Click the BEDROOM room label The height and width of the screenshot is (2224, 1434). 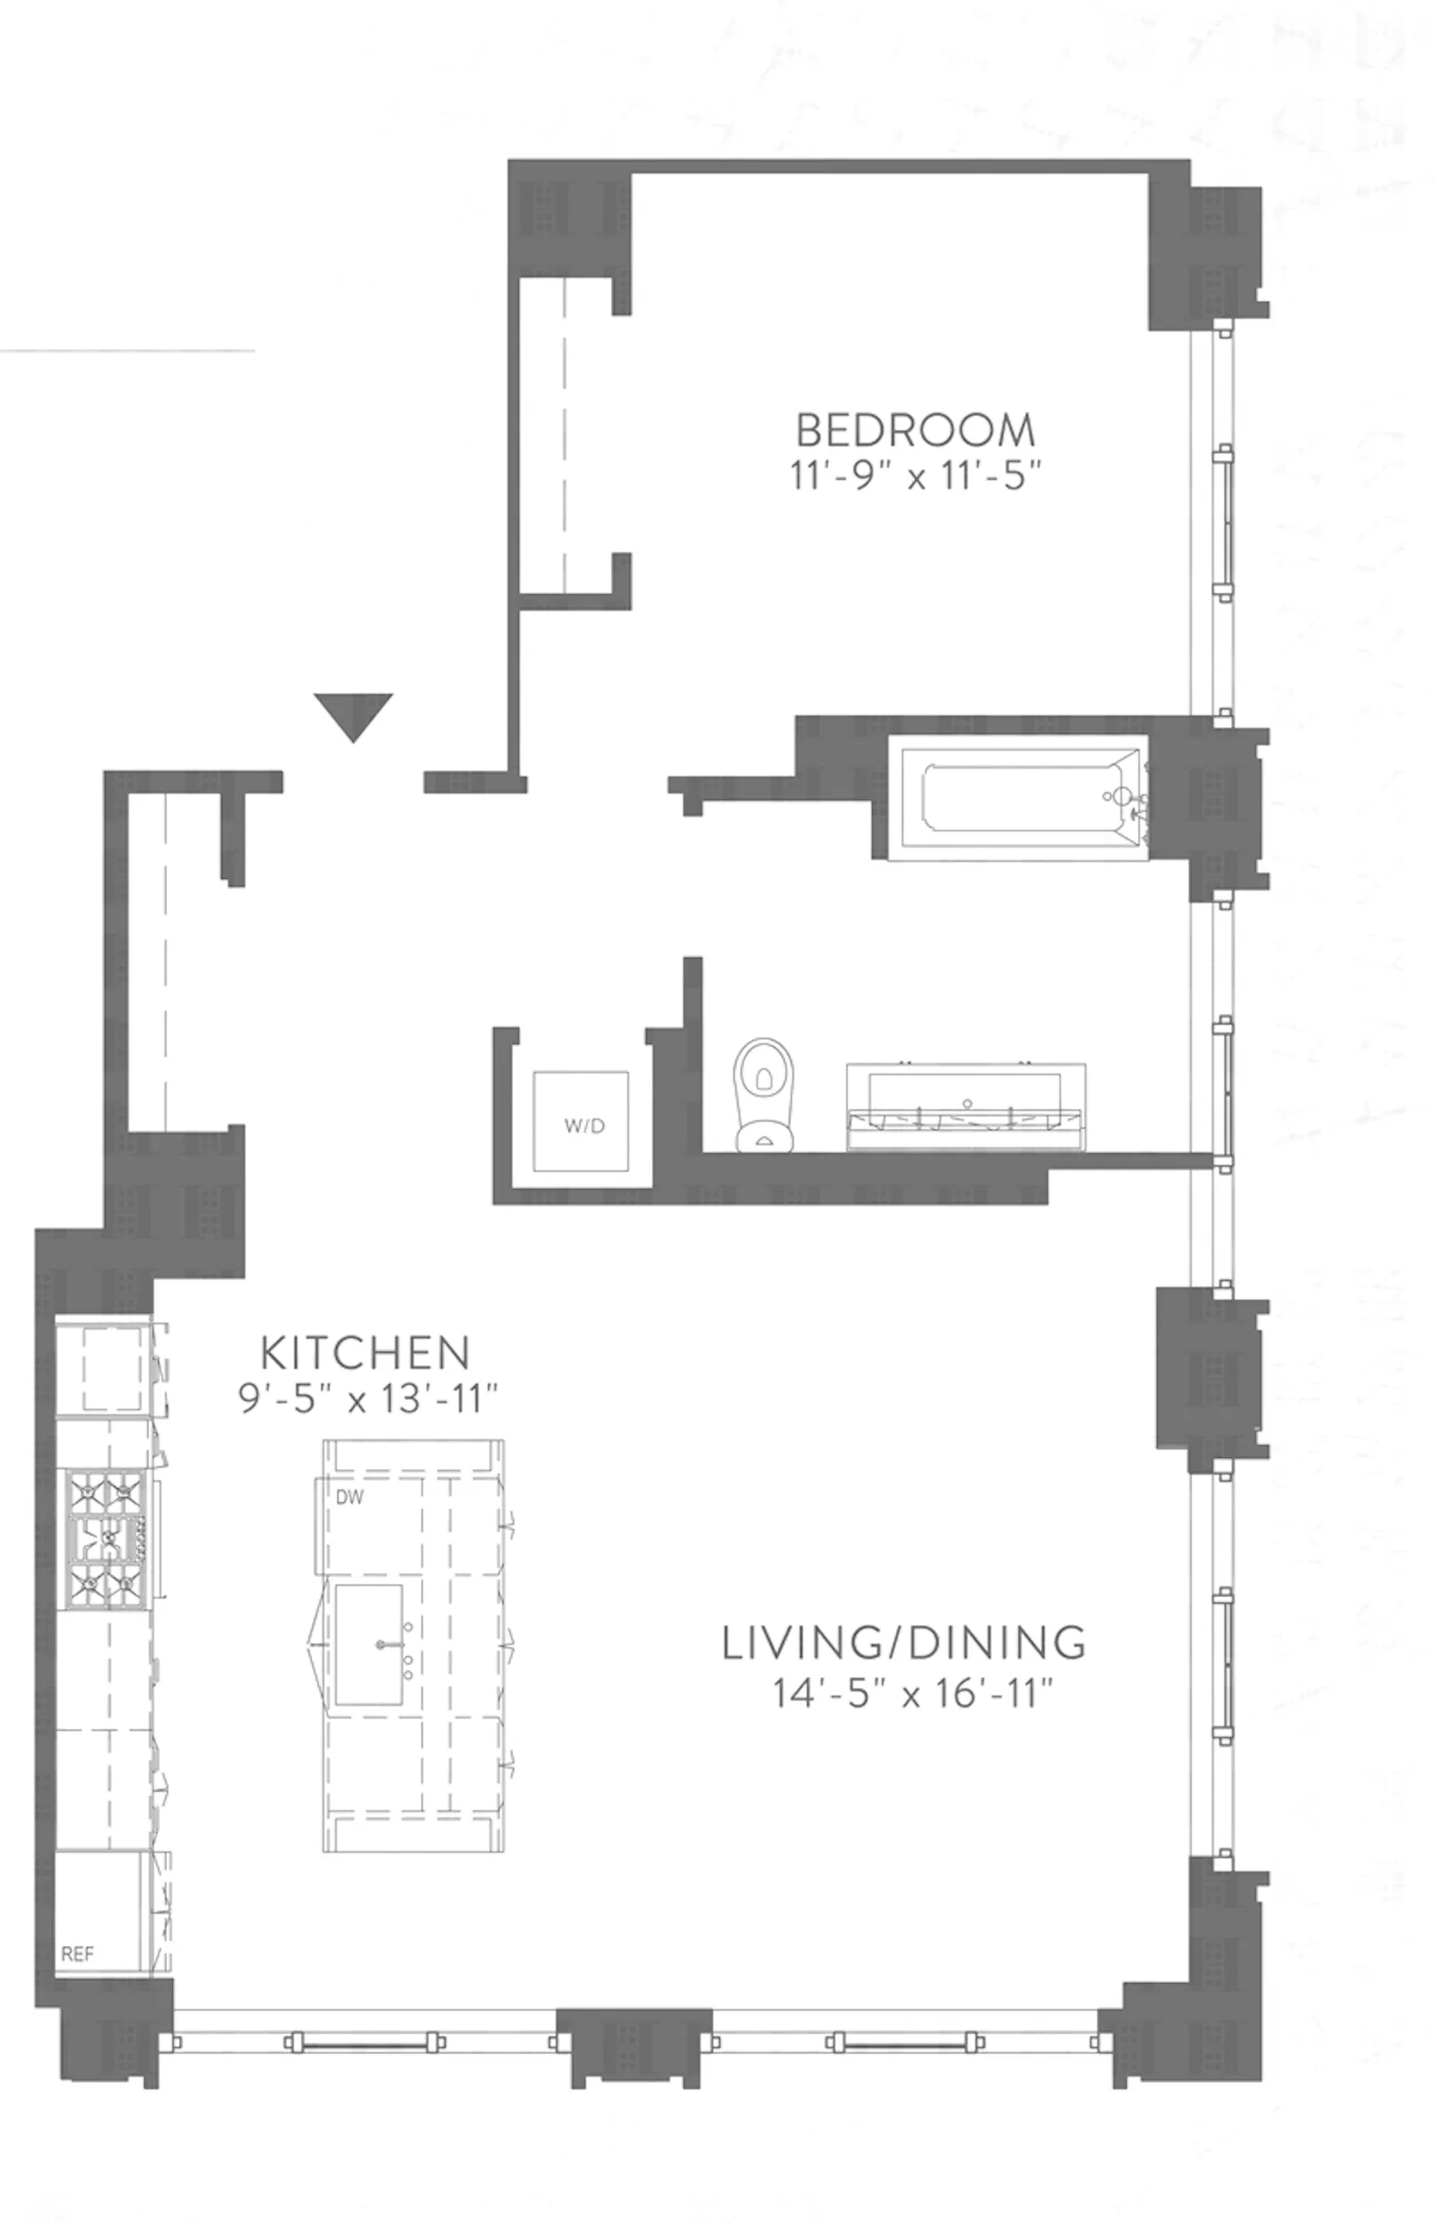[x=915, y=430]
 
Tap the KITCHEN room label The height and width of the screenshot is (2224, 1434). [x=365, y=1353]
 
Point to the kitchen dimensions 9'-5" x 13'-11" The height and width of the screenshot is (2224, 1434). [x=367, y=1398]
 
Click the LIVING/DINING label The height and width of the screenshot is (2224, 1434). [x=904, y=1643]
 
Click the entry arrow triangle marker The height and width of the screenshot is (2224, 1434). [x=353, y=715]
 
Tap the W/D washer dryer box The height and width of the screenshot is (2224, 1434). [x=581, y=1122]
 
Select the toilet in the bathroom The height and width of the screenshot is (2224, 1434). [x=764, y=1095]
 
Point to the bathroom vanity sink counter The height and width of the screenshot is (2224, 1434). [x=964, y=1105]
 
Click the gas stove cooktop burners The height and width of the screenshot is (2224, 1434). [x=105, y=1539]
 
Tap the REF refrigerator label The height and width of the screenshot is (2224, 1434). [x=77, y=1954]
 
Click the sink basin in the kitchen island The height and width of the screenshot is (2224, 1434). [x=369, y=1644]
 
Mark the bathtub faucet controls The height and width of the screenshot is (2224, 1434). [x=1123, y=799]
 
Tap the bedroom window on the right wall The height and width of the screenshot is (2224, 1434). [x=1213, y=522]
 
